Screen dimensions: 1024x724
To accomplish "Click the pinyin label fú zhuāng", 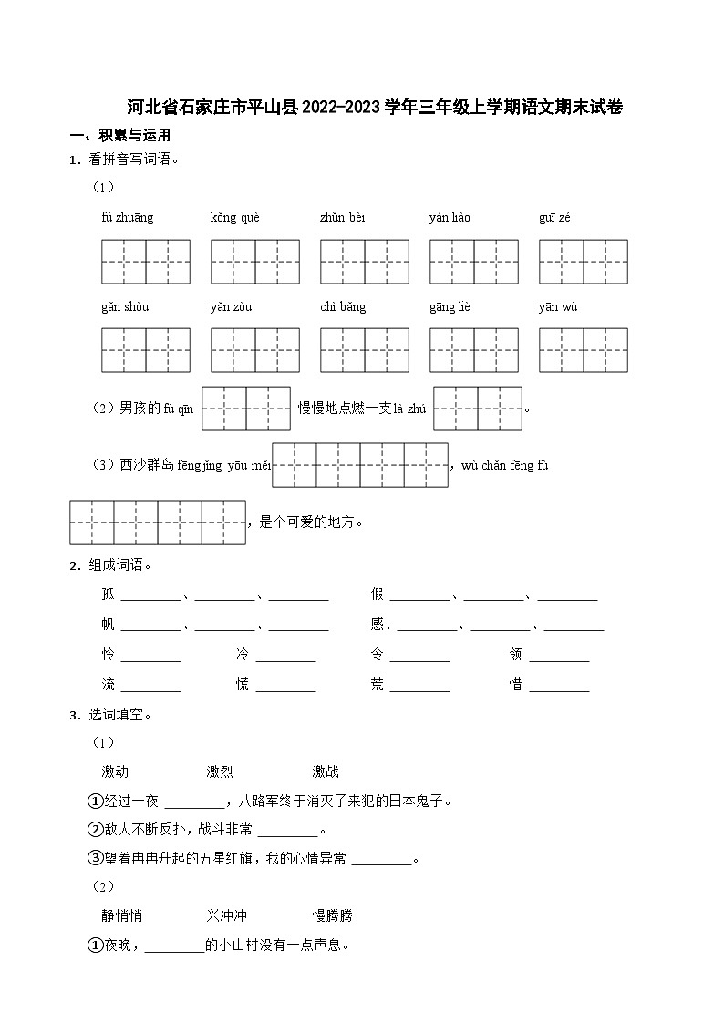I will [127, 218].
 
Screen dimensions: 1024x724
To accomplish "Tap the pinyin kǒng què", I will [234, 218].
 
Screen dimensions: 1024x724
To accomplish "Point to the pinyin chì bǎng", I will [342, 307].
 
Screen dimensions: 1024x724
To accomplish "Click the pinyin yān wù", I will [557, 307].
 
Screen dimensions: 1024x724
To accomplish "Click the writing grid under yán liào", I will [473, 262].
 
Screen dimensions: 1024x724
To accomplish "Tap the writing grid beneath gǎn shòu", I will [145, 350].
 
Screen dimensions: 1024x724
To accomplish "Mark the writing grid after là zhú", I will [478, 409].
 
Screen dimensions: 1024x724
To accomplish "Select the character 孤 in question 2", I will [109, 595].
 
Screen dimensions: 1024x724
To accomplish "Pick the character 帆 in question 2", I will [109, 625].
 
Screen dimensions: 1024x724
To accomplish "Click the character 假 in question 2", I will [378, 595].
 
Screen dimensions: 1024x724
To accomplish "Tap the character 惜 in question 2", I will [516, 685].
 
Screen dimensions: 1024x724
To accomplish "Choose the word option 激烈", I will [220, 771].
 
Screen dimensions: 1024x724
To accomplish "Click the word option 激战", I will [326, 771].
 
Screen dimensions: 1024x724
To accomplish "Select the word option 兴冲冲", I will [226, 915].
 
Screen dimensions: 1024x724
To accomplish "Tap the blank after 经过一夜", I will [194, 802].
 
